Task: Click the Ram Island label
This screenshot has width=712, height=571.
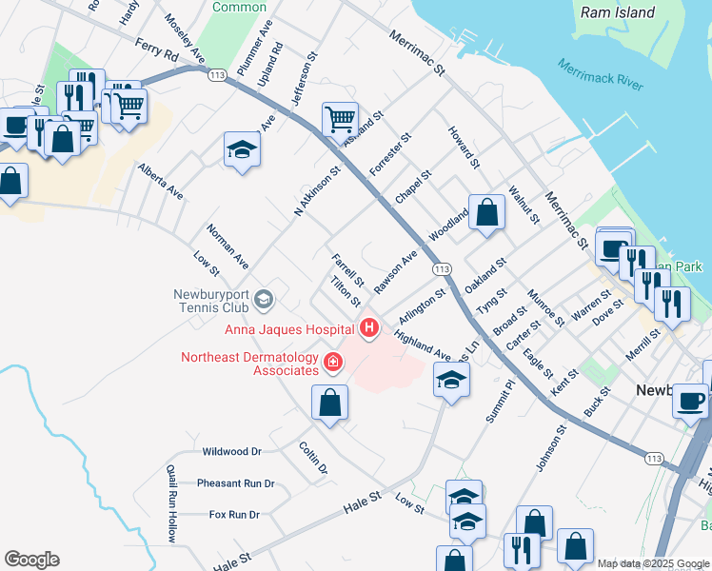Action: click(x=618, y=12)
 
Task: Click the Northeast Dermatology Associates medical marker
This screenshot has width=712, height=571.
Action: click(x=332, y=362)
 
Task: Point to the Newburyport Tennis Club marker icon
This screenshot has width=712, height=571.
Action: click(x=264, y=302)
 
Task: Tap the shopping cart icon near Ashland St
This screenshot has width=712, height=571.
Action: click(x=340, y=120)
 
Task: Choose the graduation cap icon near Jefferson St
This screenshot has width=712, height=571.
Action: click(x=243, y=149)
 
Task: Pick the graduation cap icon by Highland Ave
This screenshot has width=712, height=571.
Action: click(x=451, y=381)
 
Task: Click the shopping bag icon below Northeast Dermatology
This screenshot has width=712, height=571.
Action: click(x=329, y=403)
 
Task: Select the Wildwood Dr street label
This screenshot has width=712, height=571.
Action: click(x=231, y=452)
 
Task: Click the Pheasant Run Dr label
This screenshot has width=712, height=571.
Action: click(x=235, y=483)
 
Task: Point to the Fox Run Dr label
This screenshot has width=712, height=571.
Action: click(x=234, y=515)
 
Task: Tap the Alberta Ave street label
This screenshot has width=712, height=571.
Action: click(x=160, y=180)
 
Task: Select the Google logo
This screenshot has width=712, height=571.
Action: click(x=31, y=560)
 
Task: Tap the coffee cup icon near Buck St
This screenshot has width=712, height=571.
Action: click(x=690, y=400)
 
